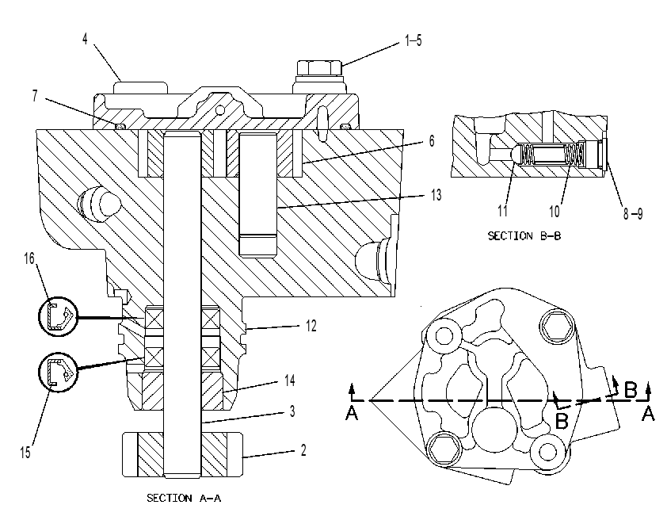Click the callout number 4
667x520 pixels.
(x=85, y=39)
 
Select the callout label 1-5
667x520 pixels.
(x=413, y=41)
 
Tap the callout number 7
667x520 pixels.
(x=35, y=96)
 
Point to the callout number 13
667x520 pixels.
(x=436, y=195)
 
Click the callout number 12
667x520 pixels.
(x=311, y=326)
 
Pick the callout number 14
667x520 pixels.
(x=290, y=380)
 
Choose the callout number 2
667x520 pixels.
(x=303, y=449)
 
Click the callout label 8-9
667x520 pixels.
(x=633, y=213)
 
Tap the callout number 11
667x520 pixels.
(x=502, y=211)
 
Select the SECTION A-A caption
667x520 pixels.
(x=184, y=498)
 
